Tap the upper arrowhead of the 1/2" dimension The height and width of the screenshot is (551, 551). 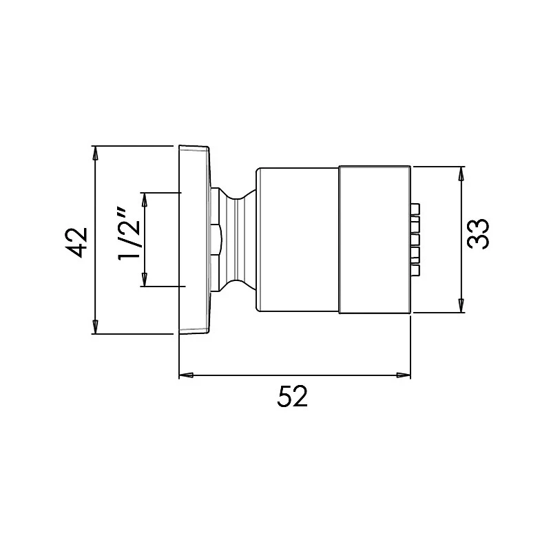coord(145,199)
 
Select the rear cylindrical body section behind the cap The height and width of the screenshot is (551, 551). coord(298,240)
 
